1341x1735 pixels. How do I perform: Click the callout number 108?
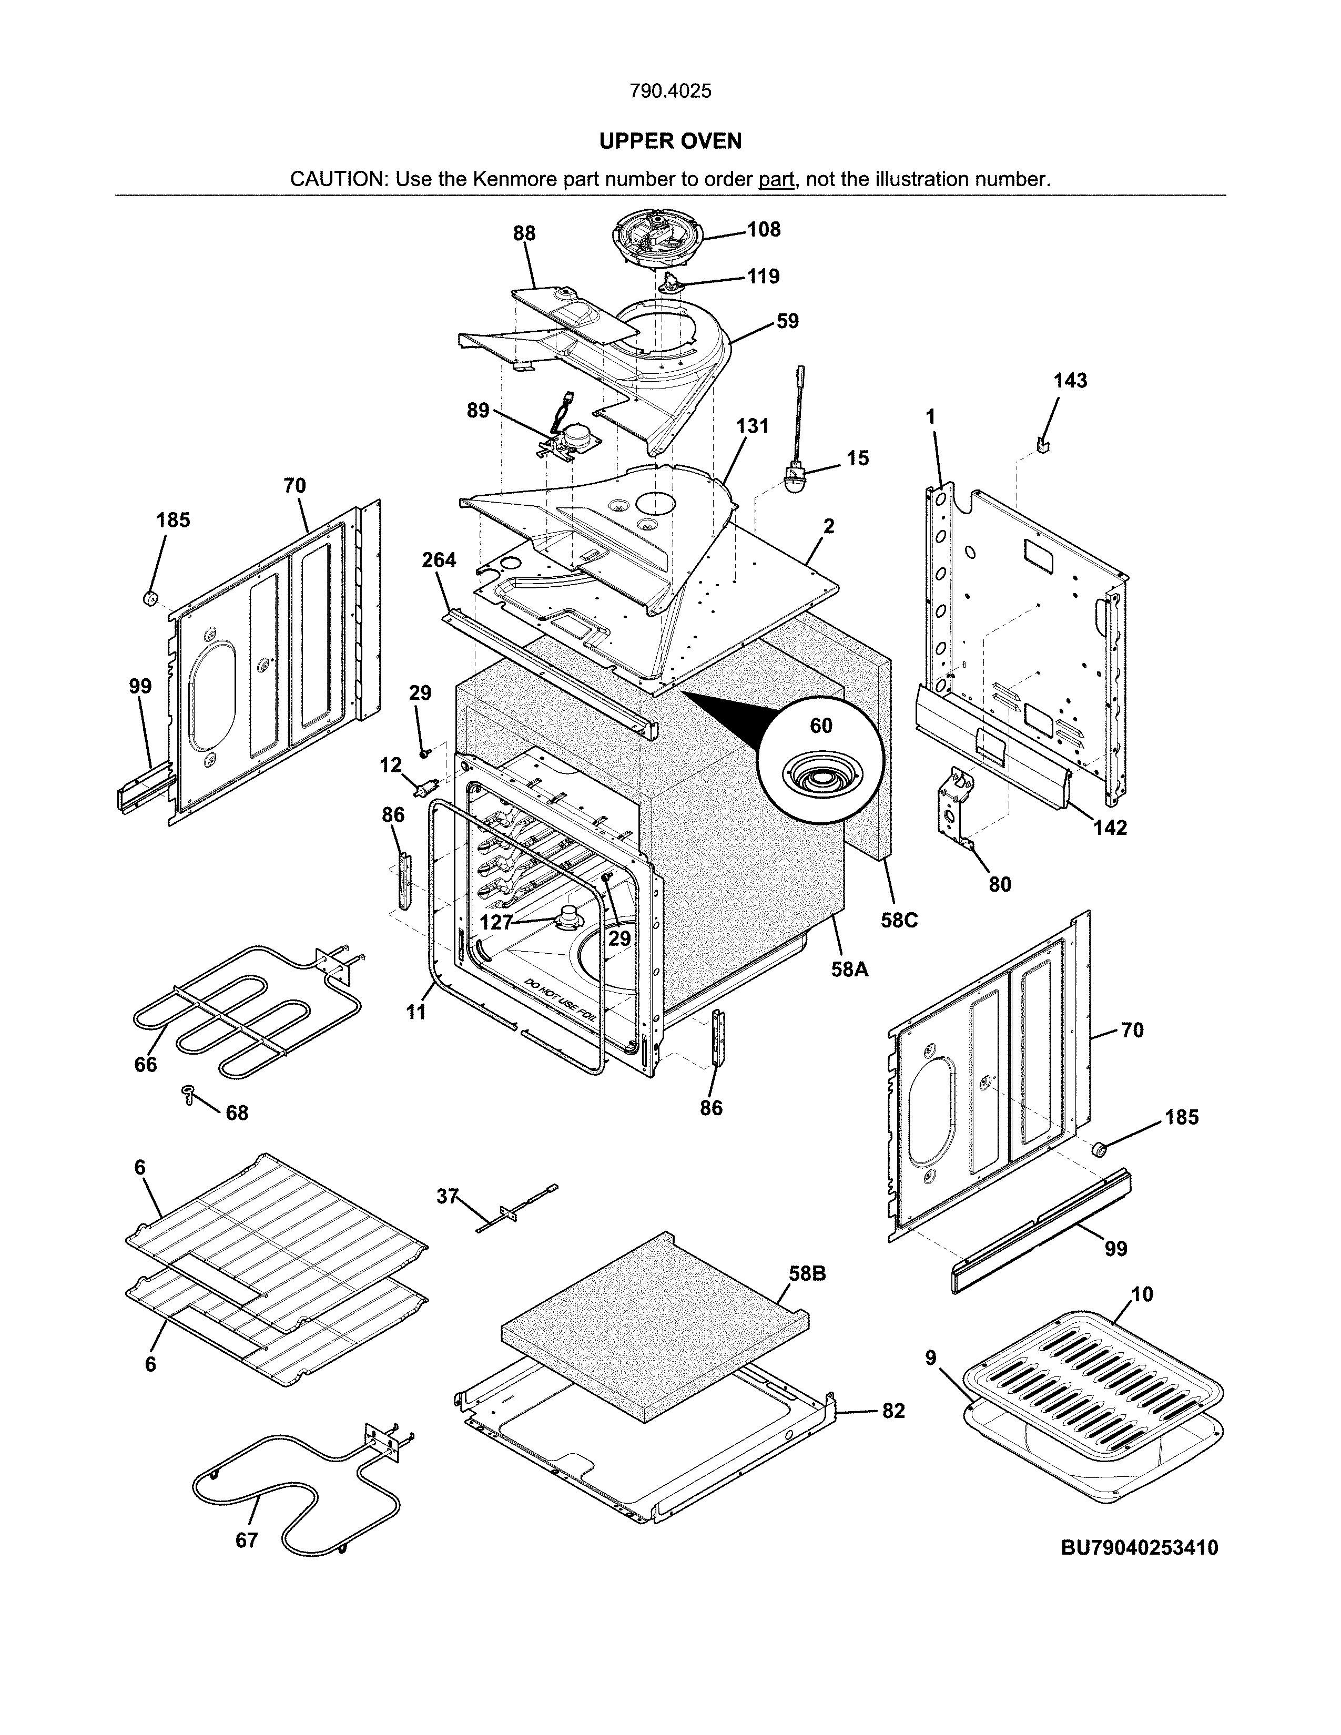(x=764, y=230)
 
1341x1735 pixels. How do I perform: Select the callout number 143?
(x=1070, y=381)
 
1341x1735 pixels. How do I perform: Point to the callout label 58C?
(x=899, y=920)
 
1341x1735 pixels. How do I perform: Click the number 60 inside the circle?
(x=821, y=726)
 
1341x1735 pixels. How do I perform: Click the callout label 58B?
(x=807, y=1273)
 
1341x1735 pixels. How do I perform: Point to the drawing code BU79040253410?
(x=1139, y=1547)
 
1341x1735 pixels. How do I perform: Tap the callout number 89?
(x=478, y=411)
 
